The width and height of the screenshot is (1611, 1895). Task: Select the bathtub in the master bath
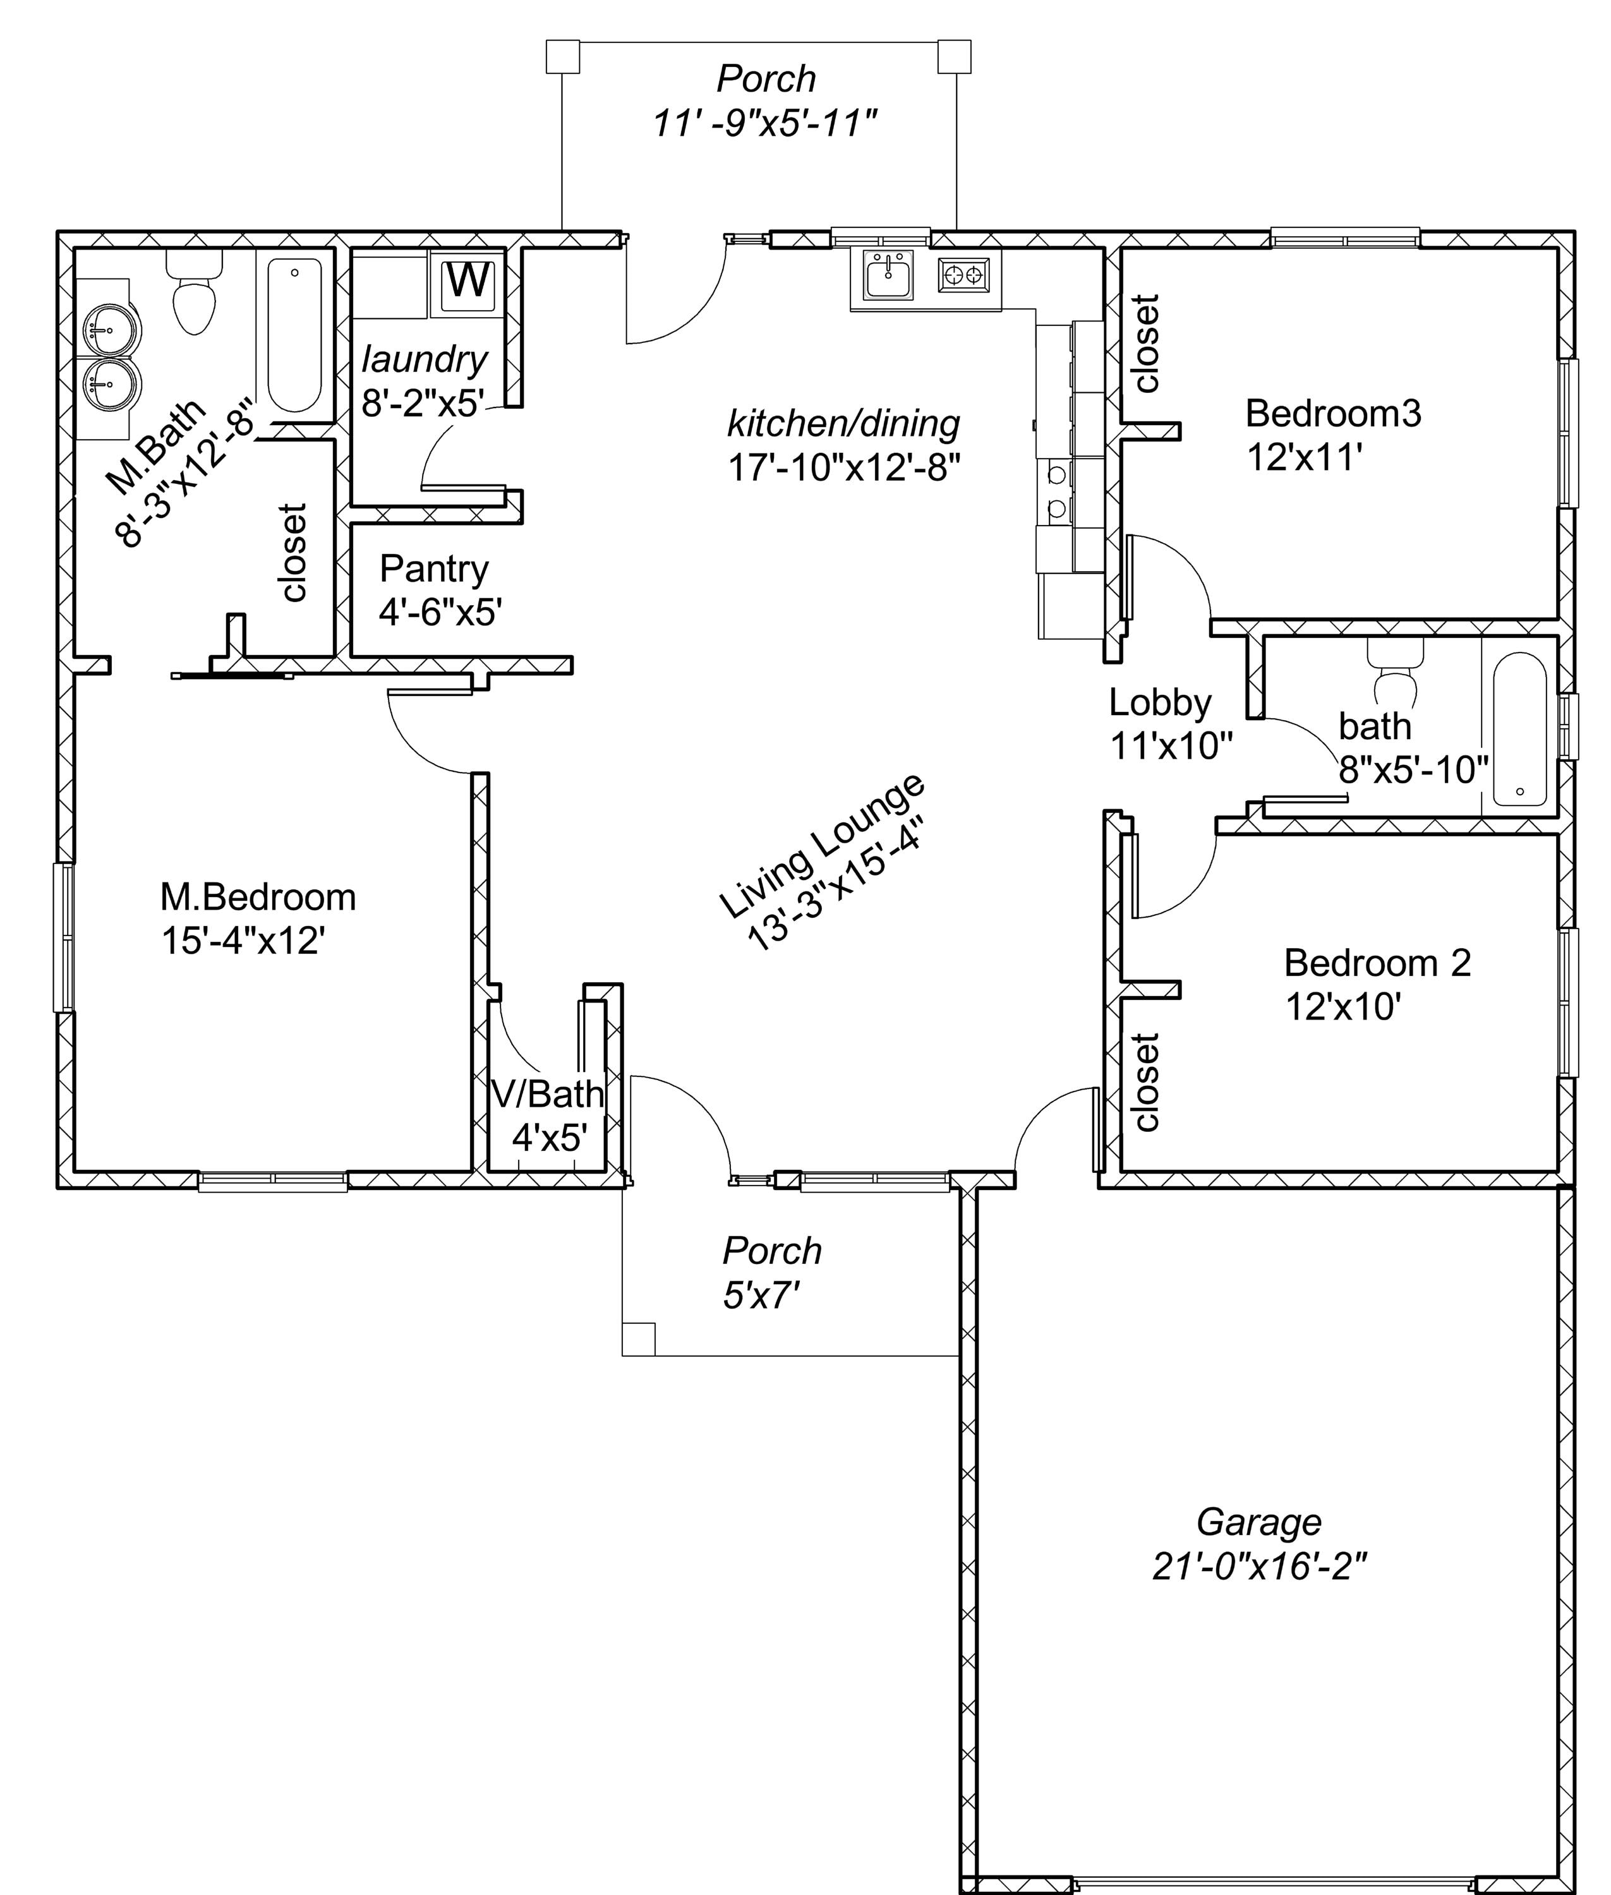(294, 335)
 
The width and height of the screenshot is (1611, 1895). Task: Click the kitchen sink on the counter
(888, 276)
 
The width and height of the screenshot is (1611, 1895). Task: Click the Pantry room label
(434, 569)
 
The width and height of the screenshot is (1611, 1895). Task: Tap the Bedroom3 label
(1334, 414)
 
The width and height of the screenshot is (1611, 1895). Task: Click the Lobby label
(1160, 703)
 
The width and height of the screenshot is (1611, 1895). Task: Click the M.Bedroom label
(258, 897)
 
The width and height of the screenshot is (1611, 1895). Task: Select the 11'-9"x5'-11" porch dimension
(765, 123)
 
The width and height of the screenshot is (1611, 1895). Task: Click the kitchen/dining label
(843, 424)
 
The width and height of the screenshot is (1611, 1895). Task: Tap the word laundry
(425, 360)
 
